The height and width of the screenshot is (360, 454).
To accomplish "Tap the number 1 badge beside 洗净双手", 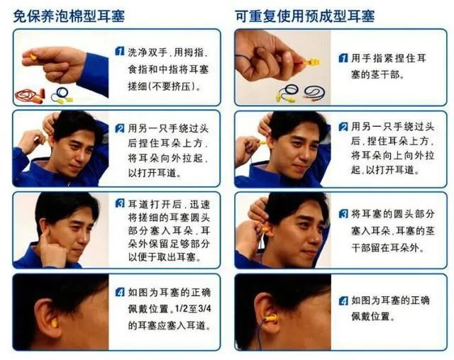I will coord(120,52).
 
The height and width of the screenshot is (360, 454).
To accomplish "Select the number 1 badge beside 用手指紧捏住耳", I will coord(343,57).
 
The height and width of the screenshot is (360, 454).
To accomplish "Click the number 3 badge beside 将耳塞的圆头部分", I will coord(343,213).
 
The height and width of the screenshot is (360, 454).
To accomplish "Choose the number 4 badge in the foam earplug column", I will coord(120,291).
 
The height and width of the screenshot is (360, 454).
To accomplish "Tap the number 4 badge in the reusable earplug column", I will coord(343,300).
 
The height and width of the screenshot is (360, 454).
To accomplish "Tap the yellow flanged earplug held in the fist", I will coord(310,62).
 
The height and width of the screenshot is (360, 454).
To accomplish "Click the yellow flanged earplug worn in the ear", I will coord(269,319).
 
